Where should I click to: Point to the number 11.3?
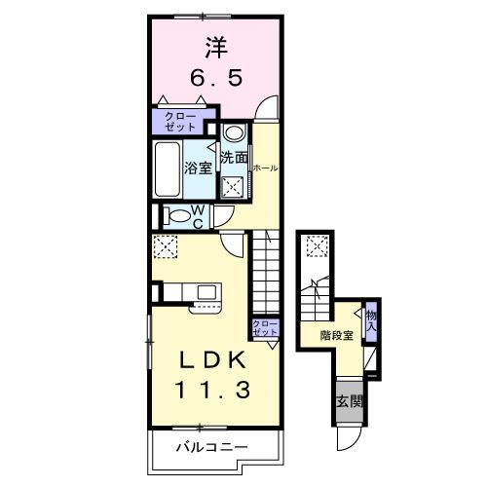click(x=214, y=391)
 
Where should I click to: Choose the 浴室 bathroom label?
click(x=199, y=168)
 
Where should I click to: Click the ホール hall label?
click(x=265, y=168)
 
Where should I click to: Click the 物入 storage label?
click(x=371, y=319)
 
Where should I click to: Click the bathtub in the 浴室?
click(x=168, y=169)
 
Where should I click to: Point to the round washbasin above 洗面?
click(x=234, y=133)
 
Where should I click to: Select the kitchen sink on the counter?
click(x=206, y=291)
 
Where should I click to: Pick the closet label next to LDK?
click(x=264, y=328)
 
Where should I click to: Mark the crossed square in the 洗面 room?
click(x=233, y=187)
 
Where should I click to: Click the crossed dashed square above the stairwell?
click(x=315, y=247)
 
